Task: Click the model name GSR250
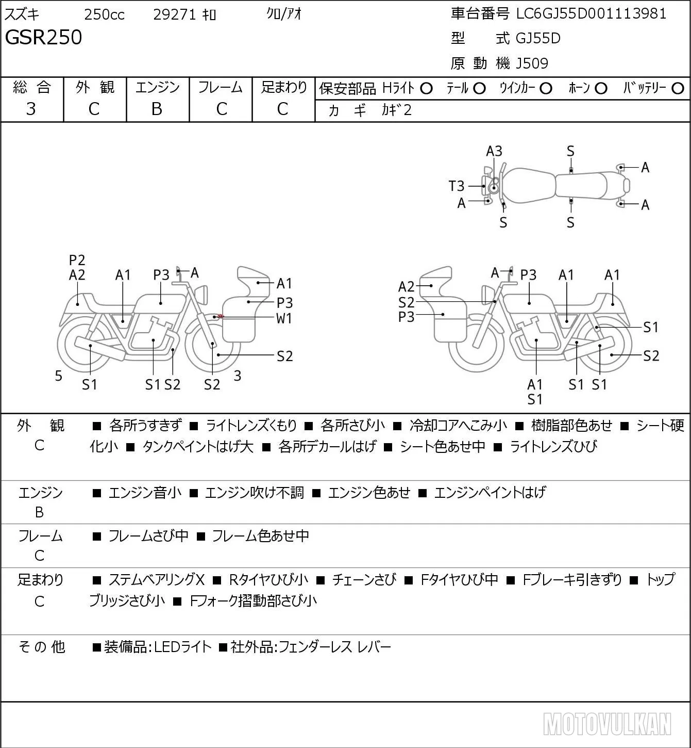pyautogui.click(x=44, y=37)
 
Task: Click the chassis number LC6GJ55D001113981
pyautogui.click(x=591, y=14)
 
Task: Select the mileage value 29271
pyautogui.click(x=175, y=14)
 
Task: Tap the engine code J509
pyautogui.click(x=532, y=63)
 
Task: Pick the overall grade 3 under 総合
pyautogui.click(x=31, y=109)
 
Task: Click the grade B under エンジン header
pyautogui.click(x=157, y=109)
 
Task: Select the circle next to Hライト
pyautogui.click(x=426, y=89)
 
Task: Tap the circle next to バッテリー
pyautogui.click(x=678, y=89)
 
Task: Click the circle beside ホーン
pyautogui.click(x=601, y=89)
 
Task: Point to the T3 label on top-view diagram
pyautogui.click(x=457, y=186)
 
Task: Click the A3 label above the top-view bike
pyautogui.click(x=494, y=152)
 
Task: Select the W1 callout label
pyautogui.click(x=284, y=319)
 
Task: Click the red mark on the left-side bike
pyautogui.click(x=221, y=316)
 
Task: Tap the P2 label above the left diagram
pyautogui.click(x=77, y=260)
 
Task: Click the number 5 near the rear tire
pyautogui.click(x=58, y=376)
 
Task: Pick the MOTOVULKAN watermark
pyautogui.click(x=607, y=724)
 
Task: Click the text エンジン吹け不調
pyautogui.click(x=255, y=493)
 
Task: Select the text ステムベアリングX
pyautogui.click(x=157, y=580)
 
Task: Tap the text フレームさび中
pyautogui.click(x=148, y=536)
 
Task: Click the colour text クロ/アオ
pyautogui.click(x=284, y=14)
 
